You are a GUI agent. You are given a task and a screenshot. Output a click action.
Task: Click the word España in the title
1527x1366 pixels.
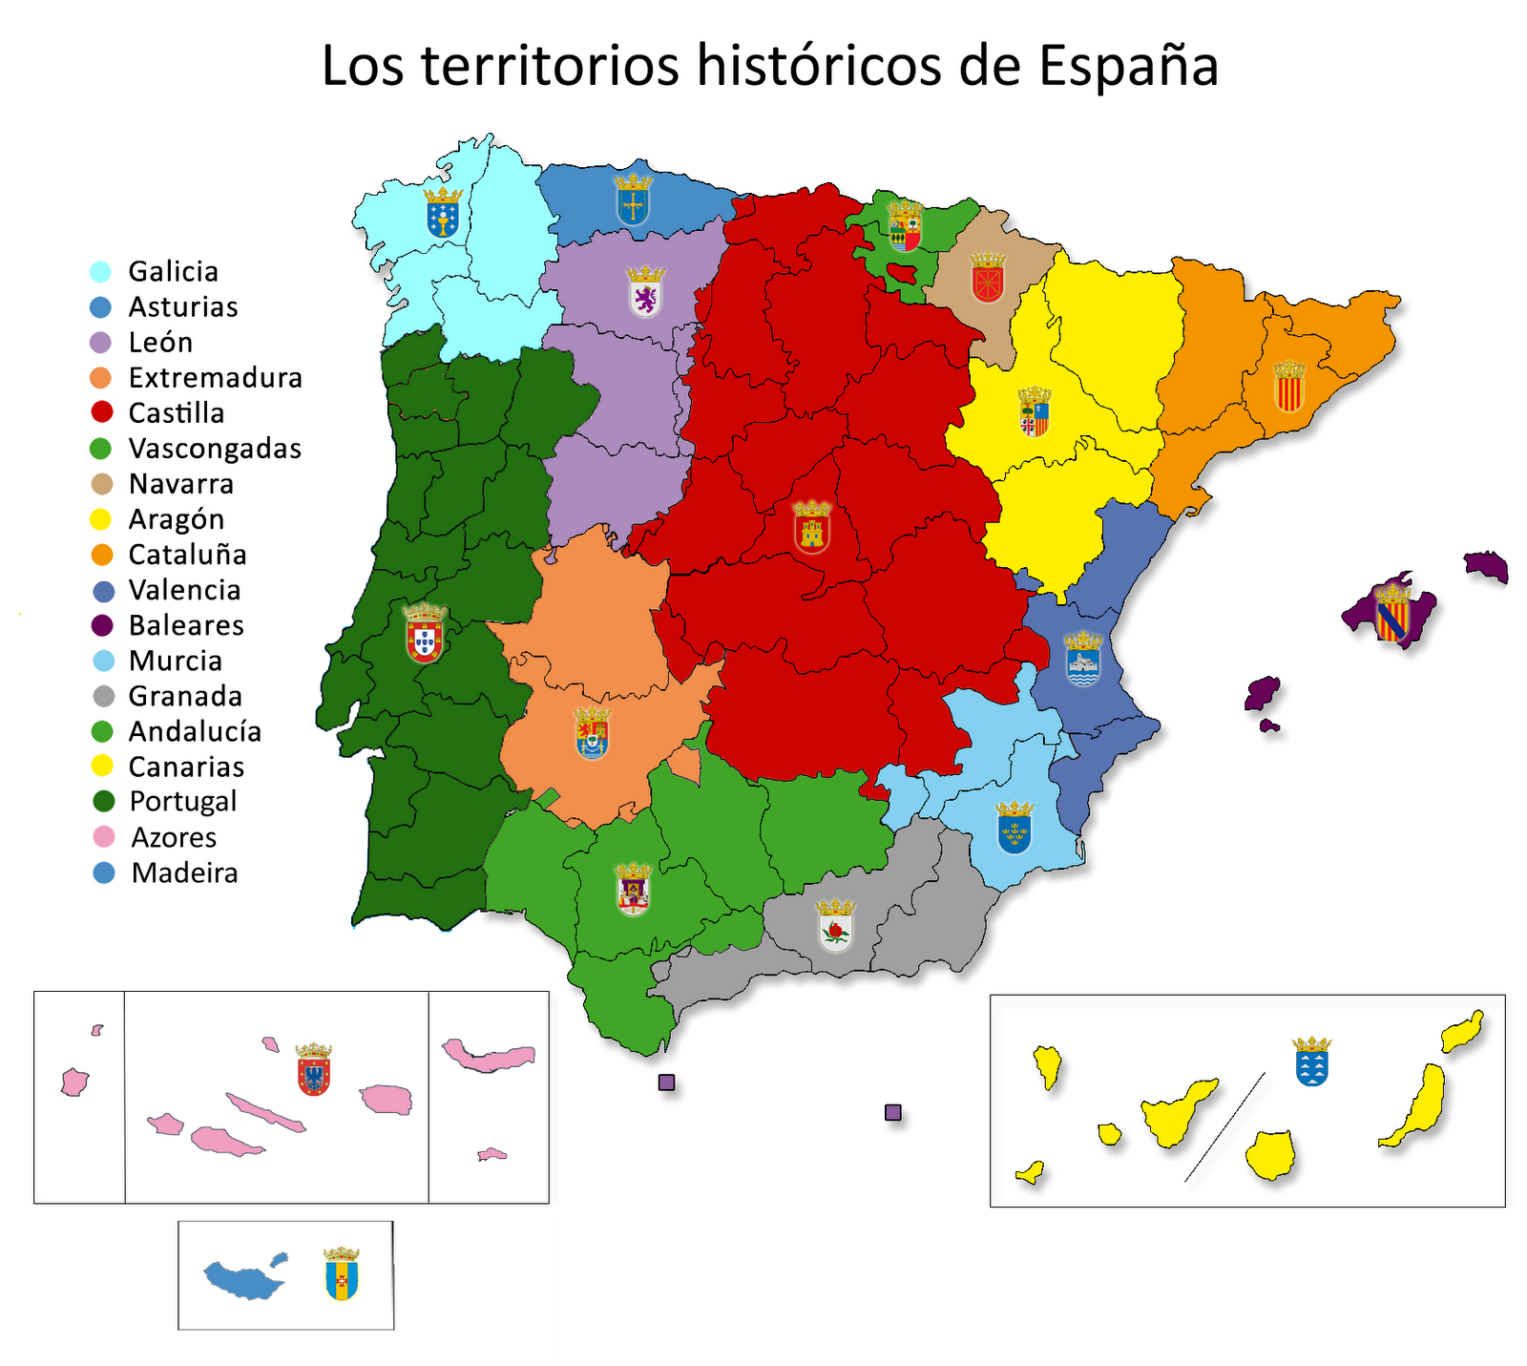pyautogui.click(x=1128, y=67)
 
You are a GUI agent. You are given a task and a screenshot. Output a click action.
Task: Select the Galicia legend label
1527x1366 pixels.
pyautogui.click(x=173, y=272)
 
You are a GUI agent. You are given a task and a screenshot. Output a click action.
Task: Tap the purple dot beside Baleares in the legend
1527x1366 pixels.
pyautogui.click(x=101, y=626)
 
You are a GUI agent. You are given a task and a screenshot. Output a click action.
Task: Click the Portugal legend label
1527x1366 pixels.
pyautogui.click(x=182, y=802)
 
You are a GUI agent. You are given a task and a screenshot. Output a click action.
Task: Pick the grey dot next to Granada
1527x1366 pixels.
pyautogui.click(x=101, y=697)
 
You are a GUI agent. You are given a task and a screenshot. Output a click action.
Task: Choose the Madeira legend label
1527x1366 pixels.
pyautogui.click(x=184, y=873)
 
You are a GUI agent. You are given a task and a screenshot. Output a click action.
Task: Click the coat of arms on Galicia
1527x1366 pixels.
pyautogui.click(x=443, y=213)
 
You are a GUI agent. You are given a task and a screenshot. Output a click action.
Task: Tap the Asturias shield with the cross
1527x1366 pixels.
pyautogui.click(x=632, y=200)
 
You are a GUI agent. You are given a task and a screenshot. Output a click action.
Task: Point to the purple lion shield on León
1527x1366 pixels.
pyautogui.click(x=646, y=292)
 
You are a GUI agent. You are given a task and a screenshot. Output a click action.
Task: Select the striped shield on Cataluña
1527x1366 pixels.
pyautogui.click(x=1288, y=387)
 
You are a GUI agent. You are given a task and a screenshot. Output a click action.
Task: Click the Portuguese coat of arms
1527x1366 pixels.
pyautogui.click(x=425, y=634)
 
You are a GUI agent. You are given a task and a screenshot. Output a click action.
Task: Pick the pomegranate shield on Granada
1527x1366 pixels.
pyautogui.click(x=836, y=926)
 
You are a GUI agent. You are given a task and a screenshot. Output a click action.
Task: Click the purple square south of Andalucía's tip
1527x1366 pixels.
pyautogui.click(x=667, y=1082)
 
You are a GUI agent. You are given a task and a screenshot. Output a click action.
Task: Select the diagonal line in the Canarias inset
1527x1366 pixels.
pyautogui.click(x=1224, y=1127)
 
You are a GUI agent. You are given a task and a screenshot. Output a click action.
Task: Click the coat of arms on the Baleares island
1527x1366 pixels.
pyautogui.click(x=1392, y=613)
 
